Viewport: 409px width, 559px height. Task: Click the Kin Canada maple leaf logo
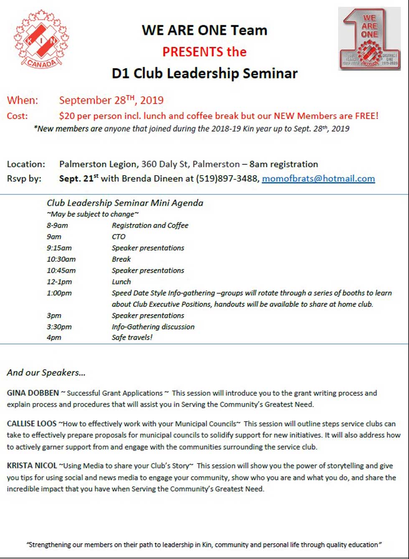click(41, 39)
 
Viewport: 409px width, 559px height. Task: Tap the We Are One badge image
click(369, 38)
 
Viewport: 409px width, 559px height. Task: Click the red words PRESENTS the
click(204, 52)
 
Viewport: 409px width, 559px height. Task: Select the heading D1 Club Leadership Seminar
click(204, 73)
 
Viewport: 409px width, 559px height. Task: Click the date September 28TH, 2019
click(111, 100)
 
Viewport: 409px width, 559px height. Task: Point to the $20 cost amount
click(67, 116)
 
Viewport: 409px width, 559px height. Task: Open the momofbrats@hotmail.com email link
click(318, 179)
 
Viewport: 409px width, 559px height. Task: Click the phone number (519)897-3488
click(227, 179)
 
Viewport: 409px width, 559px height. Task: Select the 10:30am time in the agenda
click(61, 259)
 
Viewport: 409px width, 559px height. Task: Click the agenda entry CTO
click(119, 237)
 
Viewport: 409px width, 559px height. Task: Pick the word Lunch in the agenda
click(121, 282)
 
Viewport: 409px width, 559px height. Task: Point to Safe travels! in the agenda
click(132, 337)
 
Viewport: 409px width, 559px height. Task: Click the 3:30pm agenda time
click(59, 327)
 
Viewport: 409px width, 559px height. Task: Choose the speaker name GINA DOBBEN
click(33, 393)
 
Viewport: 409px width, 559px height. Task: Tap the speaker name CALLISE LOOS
click(32, 424)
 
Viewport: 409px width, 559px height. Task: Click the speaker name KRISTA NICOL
click(32, 466)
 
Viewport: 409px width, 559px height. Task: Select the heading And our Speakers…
click(46, 373)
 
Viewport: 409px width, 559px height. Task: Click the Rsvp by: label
click(24, 179)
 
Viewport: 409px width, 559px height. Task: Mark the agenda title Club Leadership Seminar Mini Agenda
click(125, 203)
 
